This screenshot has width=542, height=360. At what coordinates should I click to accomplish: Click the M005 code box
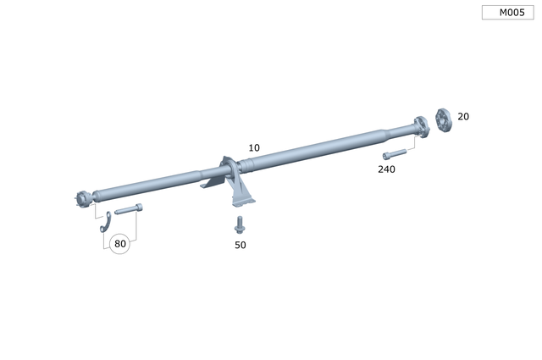[x=508, y=13]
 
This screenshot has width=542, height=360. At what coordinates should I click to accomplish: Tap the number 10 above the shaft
[x=254, y=147]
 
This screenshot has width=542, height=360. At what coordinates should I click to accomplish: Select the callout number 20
[x=463, y=116]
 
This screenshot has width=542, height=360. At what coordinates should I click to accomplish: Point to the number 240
[x=386, y=169]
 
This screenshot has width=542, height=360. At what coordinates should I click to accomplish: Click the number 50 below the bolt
[x=241, y=245]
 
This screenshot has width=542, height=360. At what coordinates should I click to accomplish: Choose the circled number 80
[x=120, y=244]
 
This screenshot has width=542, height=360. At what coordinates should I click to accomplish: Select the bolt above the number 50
[x=240, y=225]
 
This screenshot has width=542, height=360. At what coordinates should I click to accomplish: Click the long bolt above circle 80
[x=128, y=208]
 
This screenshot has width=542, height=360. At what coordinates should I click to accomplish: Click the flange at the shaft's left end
[x=81, y=200]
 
